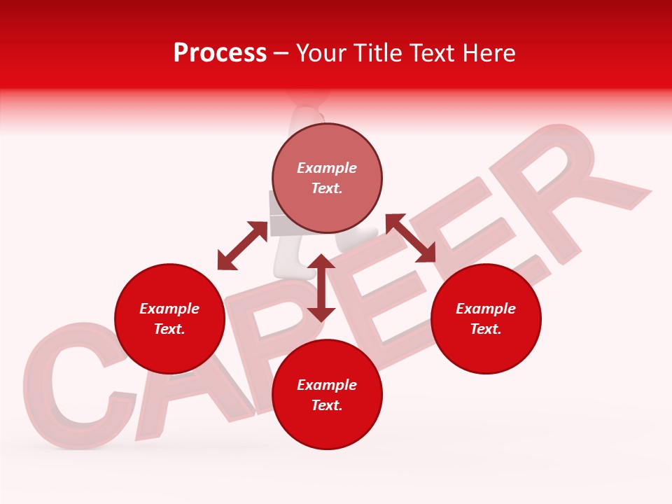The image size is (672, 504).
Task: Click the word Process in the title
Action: click(220, 53)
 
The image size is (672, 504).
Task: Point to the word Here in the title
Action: click(488, 53)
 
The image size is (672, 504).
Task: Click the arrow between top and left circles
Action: click(242, 246)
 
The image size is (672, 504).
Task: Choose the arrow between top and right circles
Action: click(410, 238)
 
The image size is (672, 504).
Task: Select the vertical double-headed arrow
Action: click(321, 288)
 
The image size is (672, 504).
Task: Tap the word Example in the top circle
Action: click(327, 168)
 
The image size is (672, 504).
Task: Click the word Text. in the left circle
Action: click(169, 329)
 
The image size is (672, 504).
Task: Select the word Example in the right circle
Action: click(486, 309)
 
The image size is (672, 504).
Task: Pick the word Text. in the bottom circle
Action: click(327, 405)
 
